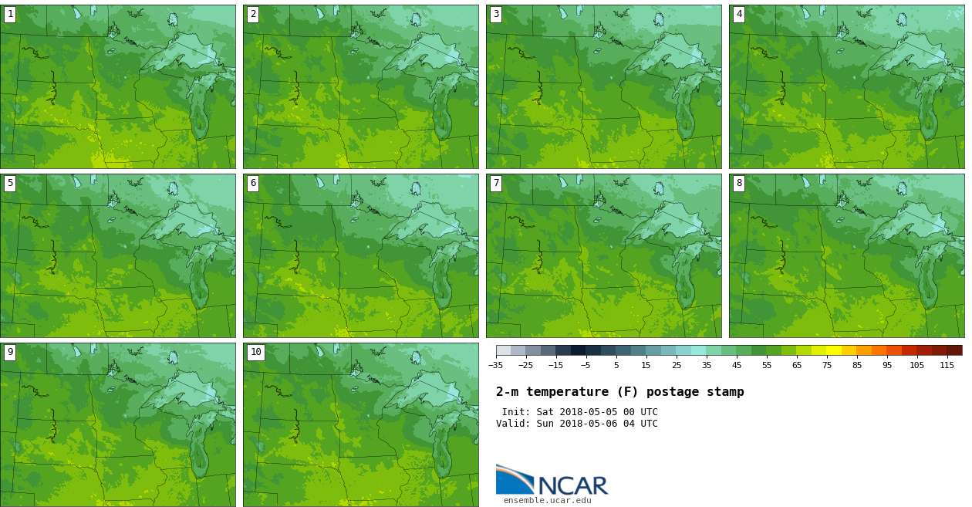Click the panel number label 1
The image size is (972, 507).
click(10, 15)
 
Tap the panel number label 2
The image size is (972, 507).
click(253, 15)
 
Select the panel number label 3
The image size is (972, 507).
click(496, 15)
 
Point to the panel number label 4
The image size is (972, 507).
click(739, 15)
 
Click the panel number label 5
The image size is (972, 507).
click(10, 184)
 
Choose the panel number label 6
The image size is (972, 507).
click(253, 184)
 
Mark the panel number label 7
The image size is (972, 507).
click(496, 184)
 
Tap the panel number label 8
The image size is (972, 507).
click(739, 184)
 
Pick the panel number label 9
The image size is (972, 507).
click(10, 353)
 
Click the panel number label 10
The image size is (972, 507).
click(256, 353)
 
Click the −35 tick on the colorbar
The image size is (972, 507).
click(496, 365)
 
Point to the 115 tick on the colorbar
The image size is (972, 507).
click(947, 365)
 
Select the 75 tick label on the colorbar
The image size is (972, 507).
click(827, 365)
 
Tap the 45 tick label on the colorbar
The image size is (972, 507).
click(737, 365)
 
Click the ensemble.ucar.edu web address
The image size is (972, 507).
click(547, 501)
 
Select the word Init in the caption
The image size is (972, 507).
click(514, 412)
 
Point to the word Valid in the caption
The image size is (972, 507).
click(511, 424)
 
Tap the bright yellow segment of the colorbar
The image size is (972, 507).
click(834, 350)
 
